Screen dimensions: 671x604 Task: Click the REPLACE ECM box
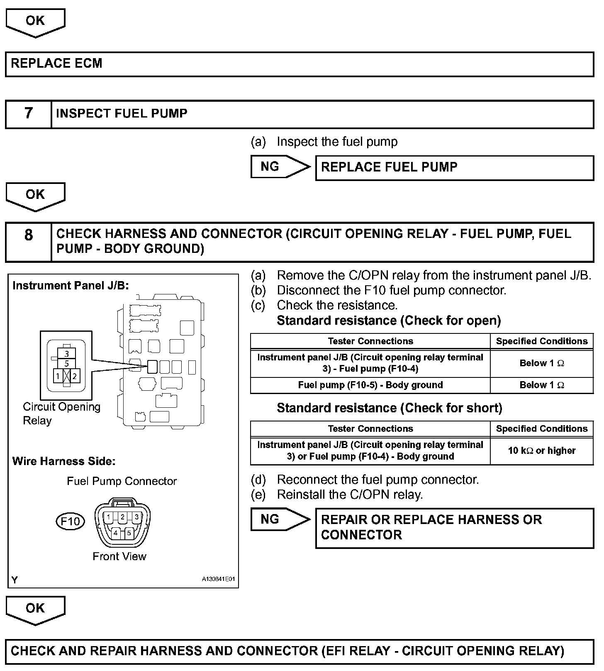click(300, 64)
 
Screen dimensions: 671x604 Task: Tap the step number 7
click(28, 113)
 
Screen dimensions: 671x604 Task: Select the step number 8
click(28, 235)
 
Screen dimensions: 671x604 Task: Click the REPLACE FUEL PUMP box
click(454, 167)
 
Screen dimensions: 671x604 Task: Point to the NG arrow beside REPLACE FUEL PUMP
click(279, 167)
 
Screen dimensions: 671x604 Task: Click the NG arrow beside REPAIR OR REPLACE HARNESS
click(279, 519)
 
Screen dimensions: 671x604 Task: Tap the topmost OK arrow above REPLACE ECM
click(35, 22)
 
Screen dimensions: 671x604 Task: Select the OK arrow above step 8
click(35, 196)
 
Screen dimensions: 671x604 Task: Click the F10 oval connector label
click(70, 521)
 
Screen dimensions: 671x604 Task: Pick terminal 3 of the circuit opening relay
click(67, 354)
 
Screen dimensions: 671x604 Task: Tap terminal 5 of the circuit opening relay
click(67, 363)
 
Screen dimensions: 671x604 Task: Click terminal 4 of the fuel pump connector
click(116, 533)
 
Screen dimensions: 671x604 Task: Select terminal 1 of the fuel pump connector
click(108, 517)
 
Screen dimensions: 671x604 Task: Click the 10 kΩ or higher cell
click(541, 451)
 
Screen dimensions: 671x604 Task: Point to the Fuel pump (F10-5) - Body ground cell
click(370, 385)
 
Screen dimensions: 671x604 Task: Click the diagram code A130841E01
click(218, 579)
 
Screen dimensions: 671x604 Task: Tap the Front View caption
click(119, 556)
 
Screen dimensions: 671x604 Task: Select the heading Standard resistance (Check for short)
click(389, 408)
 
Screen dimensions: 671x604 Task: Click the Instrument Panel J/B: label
click(71, 286)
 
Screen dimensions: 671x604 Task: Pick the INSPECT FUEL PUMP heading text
click(122, 113)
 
